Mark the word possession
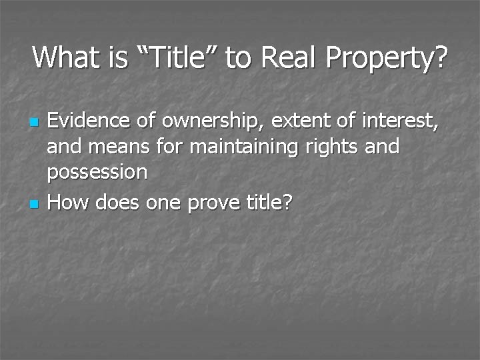click(x=97, y=173)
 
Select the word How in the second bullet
click(x=69, y=201)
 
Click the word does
click(x=119, y=201)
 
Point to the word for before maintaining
click(x=170, y=146)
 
